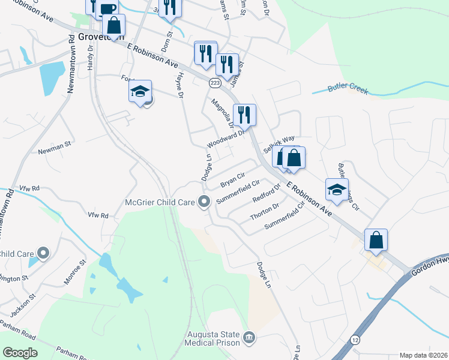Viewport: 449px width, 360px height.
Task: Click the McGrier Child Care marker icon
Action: [205, 202]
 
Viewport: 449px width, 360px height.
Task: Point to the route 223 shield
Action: [215, 81]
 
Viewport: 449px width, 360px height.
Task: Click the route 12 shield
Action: [355, 340]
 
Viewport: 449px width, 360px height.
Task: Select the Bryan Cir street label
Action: [233, 179]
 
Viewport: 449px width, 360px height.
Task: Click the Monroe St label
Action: [76, 272]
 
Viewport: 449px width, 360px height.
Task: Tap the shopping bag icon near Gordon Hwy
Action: [376, 240]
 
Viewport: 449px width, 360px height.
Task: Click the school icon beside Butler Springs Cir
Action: [337, 190]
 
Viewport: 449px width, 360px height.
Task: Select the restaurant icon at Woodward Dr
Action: [244, 114]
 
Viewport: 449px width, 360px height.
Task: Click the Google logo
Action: [20, 353]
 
